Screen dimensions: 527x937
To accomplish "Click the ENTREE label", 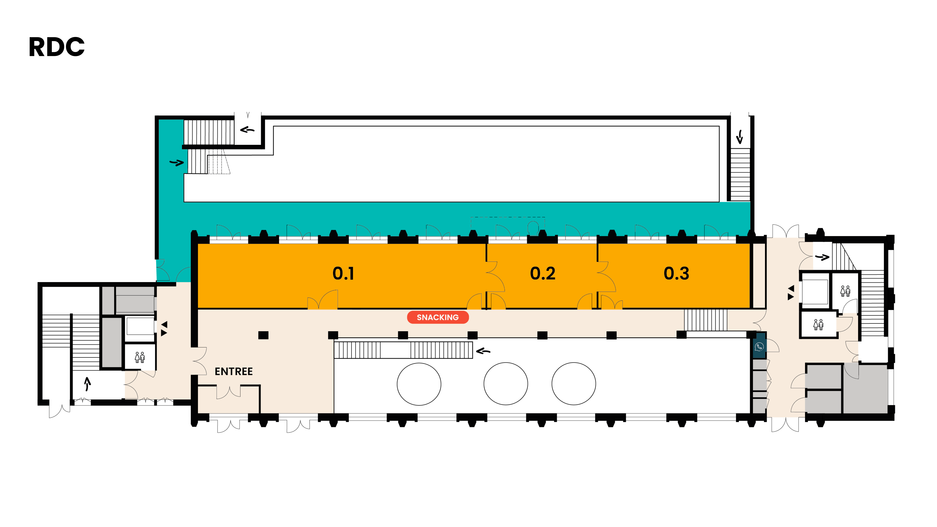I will pyautogui.click(x=233, y=371).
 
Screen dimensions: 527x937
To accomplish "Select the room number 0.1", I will pyautogui.click(x=343, y=274).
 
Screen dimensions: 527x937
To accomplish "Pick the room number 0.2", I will pyautogui.click(x=542, y=274).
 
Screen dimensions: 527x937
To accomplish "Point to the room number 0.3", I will pyautogui.click(x=676, y=274).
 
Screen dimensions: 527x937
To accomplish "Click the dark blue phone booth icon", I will pyautogui.click(x=759, y=347).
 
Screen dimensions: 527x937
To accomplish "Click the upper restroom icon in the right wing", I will pyautogui.click(x=845, y=291).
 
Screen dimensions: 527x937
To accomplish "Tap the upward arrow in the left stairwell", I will pyautogui.click(x=87, y=383).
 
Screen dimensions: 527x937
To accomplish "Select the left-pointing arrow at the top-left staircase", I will pyautogui.click(x=247, y=129).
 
